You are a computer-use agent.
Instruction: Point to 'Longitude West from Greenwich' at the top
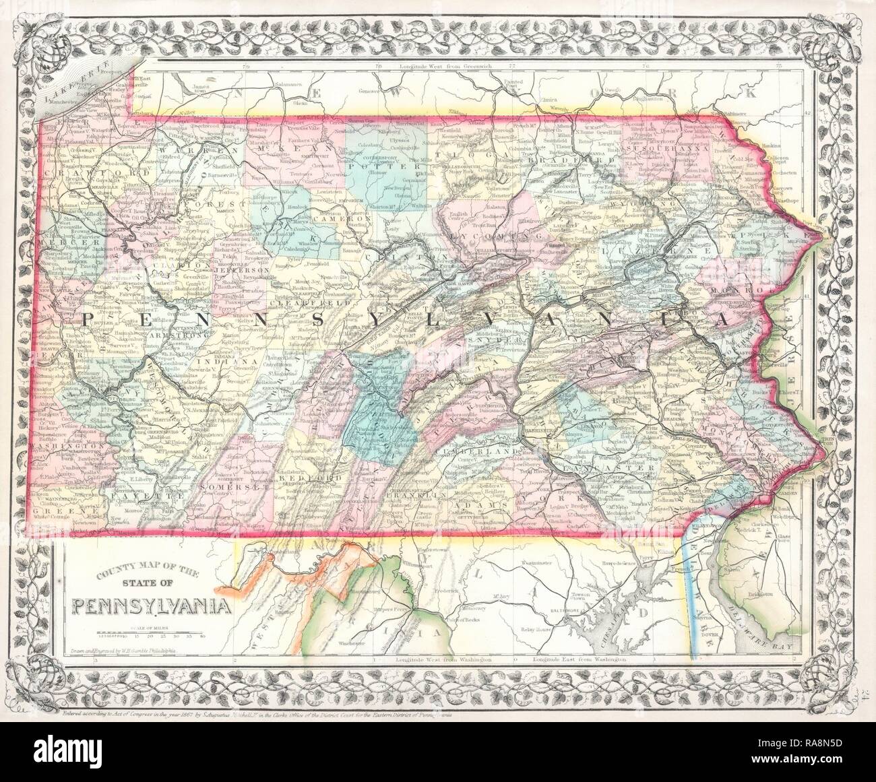coord(445,67)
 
